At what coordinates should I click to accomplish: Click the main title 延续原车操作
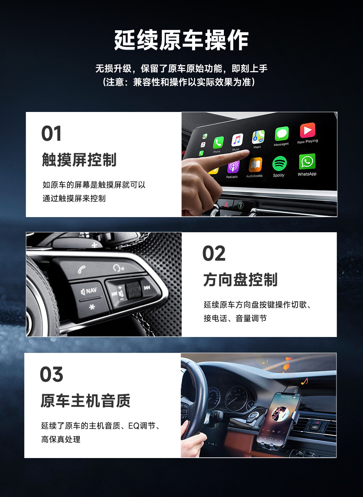coord(181,40)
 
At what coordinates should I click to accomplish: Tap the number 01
coord(51,134)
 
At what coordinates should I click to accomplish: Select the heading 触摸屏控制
coord(79,160)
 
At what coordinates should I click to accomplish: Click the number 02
coord(214,253)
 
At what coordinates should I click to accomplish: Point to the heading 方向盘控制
coord(240,280)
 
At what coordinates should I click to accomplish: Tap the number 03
coord(51,374)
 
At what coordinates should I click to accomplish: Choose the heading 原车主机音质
coord(85,401)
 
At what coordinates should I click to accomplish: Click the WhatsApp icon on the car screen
coord(307,162)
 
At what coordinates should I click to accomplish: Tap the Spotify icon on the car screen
coord(279,164)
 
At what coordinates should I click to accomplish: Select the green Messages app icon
coord(281,134)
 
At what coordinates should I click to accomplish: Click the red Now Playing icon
coord(307,130)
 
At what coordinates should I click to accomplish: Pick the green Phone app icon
coord(218,143)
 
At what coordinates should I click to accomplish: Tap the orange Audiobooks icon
coord(255,165)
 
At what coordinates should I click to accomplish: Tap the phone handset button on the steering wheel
coord(82,269)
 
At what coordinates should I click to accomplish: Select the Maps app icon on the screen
coord(258,137)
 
